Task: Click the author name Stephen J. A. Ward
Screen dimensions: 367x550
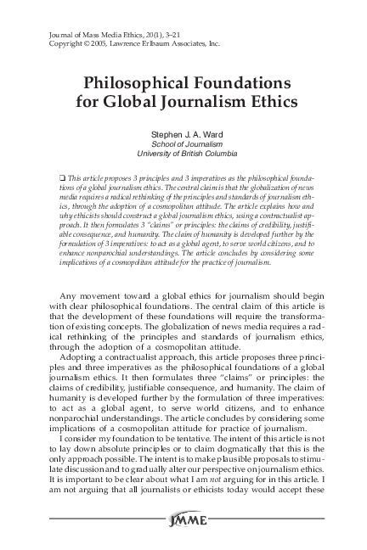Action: coord(183,134)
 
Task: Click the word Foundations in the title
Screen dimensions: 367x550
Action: coord(242,85)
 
